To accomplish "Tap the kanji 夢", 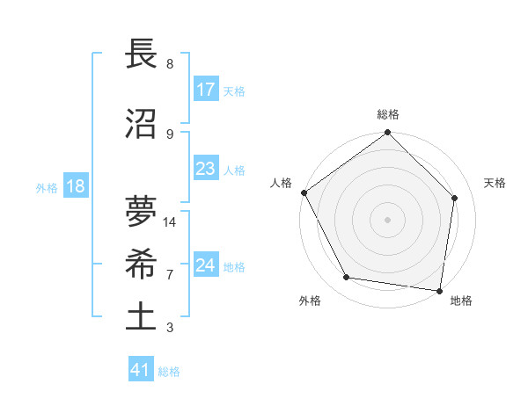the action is point(142,212).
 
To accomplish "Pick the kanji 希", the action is point(142,264).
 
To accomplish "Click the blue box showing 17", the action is point(206,90).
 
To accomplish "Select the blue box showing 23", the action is point(206,169).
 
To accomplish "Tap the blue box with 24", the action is point(206,265).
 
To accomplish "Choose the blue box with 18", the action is point(74,187).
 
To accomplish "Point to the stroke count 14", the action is point(170,222).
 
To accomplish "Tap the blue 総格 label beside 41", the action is point(169,372).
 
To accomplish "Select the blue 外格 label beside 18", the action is point(47,188).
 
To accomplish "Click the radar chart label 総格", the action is point(388,114).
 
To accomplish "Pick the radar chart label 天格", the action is point(495,183).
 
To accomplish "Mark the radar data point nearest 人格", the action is point(304,192).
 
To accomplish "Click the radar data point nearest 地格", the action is point(439,290).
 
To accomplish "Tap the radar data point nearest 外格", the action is point(347,278).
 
